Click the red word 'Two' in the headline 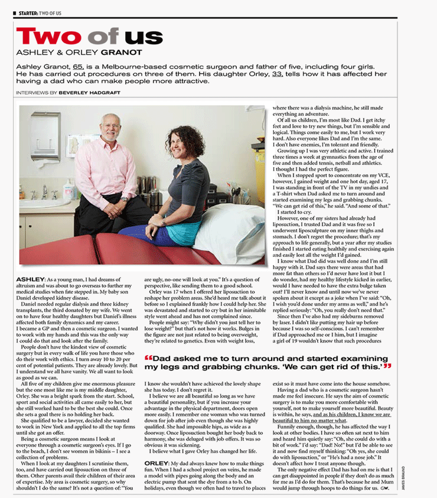52,37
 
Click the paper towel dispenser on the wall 45,135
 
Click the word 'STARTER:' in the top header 26,5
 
